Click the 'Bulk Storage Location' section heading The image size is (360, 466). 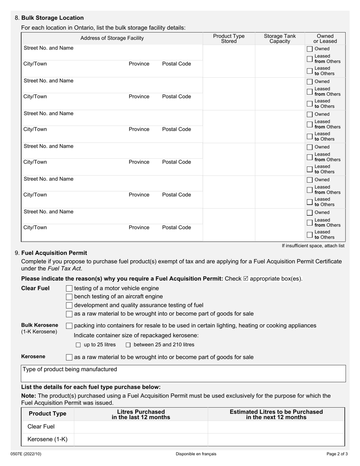tap(52, 18)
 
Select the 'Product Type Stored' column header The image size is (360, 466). tap(229, 38)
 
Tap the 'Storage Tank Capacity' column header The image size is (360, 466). tap(280, 38)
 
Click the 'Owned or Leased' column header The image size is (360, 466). tap(325, 38)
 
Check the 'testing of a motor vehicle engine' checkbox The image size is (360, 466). tap(69, 288)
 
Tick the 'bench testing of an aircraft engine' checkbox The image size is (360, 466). tap(69, 297)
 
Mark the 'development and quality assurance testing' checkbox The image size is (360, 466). tap(69, 305)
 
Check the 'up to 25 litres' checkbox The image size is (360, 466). tap(78, 345)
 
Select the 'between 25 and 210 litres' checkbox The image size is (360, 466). tap(128, 345)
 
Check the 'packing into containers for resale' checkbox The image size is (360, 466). tap(69, 326)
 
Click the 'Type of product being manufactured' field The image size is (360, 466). tap(183, 374)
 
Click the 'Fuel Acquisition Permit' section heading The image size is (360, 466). tap(54, 253)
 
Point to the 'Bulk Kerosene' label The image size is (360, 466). tap(40, 325)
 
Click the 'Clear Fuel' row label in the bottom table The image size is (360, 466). tap(41, 427)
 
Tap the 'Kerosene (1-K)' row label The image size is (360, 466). tap(47, 439)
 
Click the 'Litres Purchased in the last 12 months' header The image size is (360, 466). tap(141, 414)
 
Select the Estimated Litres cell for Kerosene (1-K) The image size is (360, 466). tap(276, 439)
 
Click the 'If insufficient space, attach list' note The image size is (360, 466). tap(313, 246)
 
